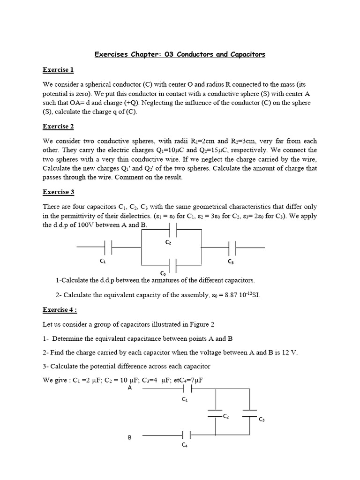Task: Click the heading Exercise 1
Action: [x=58, y=70]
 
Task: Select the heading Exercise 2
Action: [x=58, y=126]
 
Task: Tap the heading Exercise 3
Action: [x=58, y=192]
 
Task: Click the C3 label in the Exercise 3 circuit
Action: [x=231, y=262]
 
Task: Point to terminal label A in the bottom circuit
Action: [x=130, y=388]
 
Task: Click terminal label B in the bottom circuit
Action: [x=130, y=437]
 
